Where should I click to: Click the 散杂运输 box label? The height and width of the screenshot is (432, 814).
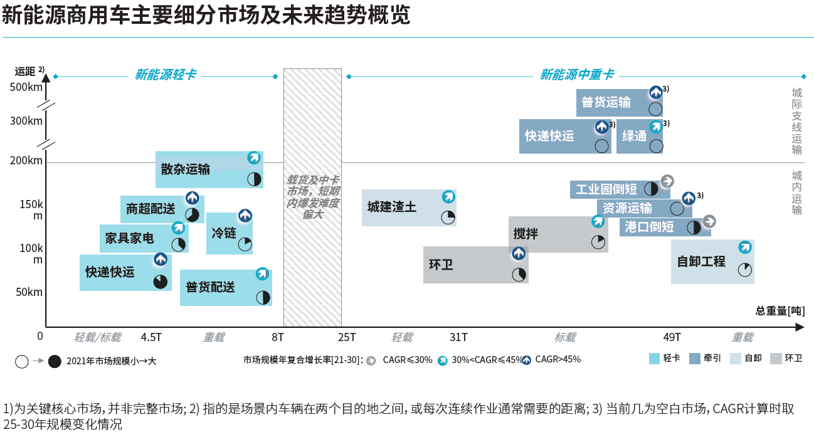[186, 169]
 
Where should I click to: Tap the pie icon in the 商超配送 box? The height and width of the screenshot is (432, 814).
[192, 215]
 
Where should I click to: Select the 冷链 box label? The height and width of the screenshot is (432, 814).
[224, 233]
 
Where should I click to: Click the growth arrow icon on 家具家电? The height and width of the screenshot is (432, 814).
[178, 228]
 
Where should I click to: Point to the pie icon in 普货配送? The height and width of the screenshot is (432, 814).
[263, 297]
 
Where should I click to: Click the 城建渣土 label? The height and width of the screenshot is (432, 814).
[392, 206]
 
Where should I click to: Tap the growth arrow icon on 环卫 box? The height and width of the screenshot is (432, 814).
[518, 254]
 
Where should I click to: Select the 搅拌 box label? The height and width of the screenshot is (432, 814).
[526, 234]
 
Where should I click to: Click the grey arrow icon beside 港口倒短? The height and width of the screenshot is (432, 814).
[709, 221]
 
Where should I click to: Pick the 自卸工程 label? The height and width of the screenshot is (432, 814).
[701, 261]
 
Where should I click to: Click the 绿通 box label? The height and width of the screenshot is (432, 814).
[634, 135]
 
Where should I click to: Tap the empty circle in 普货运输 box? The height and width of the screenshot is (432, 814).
[655, 108]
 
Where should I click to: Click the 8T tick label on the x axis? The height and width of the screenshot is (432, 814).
[278, 337]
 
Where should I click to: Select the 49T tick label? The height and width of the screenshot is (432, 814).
[672, 337]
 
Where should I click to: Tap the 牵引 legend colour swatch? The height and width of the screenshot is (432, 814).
[695, 359]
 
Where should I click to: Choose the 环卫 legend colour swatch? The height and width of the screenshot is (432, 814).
[776, 359]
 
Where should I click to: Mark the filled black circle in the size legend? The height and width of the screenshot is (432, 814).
[55, 361]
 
